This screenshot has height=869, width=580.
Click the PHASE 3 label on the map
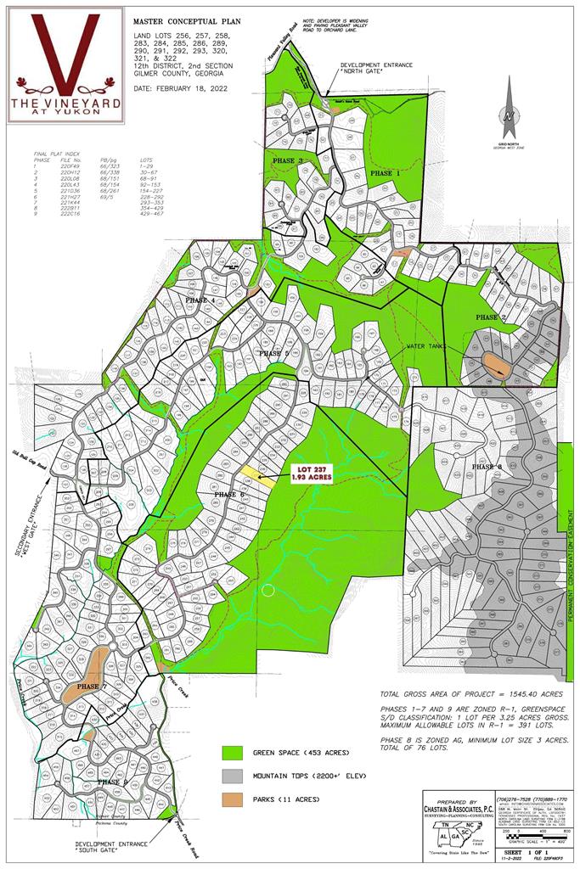[288, 160]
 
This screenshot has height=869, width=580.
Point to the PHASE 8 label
[487, 467]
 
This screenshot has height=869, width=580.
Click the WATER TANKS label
[426, 346]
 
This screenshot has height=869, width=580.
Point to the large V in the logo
[65, 51]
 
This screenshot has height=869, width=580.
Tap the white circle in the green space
[269, 591]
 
